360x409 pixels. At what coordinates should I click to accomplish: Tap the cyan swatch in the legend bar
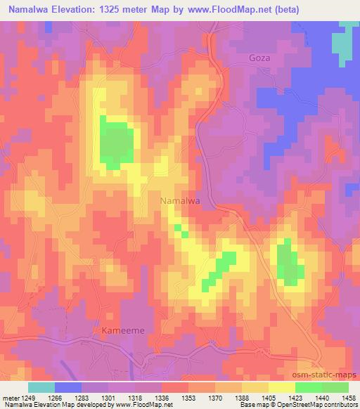[42, 387]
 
